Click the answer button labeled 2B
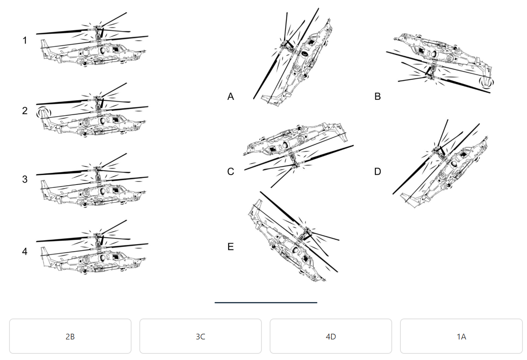(x=70, y=336)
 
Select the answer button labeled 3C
(x=200, y=336)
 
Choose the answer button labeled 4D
(x=331, y=336)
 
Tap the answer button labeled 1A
(x=461, y=336)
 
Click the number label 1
(x=25, y=40)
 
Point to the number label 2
(x=25, y=111)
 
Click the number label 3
(x=25, y=179)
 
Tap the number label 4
(x=25, y=252)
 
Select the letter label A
(x=231, y=97)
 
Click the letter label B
(x=377, y=97)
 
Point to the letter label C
(x=231, y=172)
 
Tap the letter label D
(x=377, y=172)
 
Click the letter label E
(x=231, y=247)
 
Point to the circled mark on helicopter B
(x=488, y=82)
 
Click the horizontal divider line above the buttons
(x=266, y=302)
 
